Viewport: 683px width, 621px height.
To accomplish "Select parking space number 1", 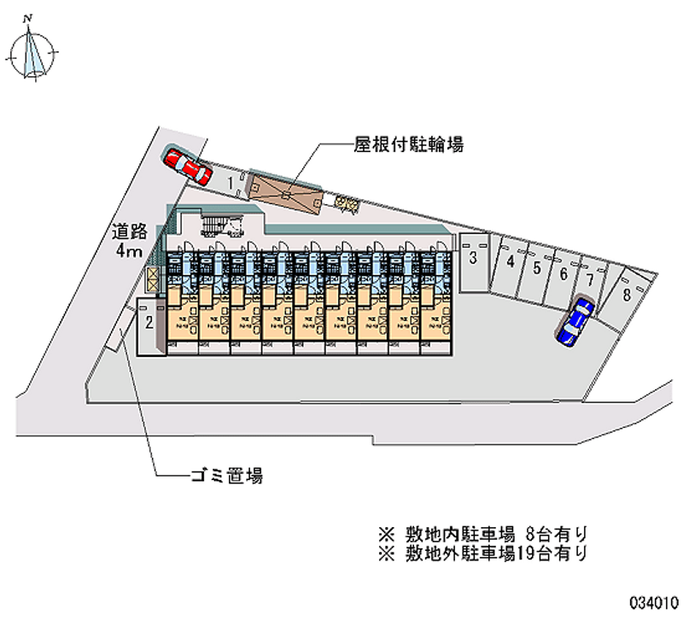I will [x=231, y=181].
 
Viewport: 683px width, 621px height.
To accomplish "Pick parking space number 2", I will [x=149, y=323].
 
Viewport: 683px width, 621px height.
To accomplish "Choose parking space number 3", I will [x=472, y=259].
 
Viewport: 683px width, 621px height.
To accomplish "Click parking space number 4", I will [x=510, y=263].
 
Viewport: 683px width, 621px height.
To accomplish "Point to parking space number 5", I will [x=536, y=268].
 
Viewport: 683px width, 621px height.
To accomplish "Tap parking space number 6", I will [x=563, y=274].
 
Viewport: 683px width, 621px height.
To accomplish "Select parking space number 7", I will [x=589, y=279].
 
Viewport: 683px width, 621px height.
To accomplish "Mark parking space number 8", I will [x=627, y=295].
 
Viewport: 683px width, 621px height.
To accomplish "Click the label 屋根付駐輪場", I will [x=408, y=145].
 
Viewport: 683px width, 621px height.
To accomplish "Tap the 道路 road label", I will [x=130, y=231].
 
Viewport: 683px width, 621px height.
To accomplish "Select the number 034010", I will [x=652, y=601].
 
